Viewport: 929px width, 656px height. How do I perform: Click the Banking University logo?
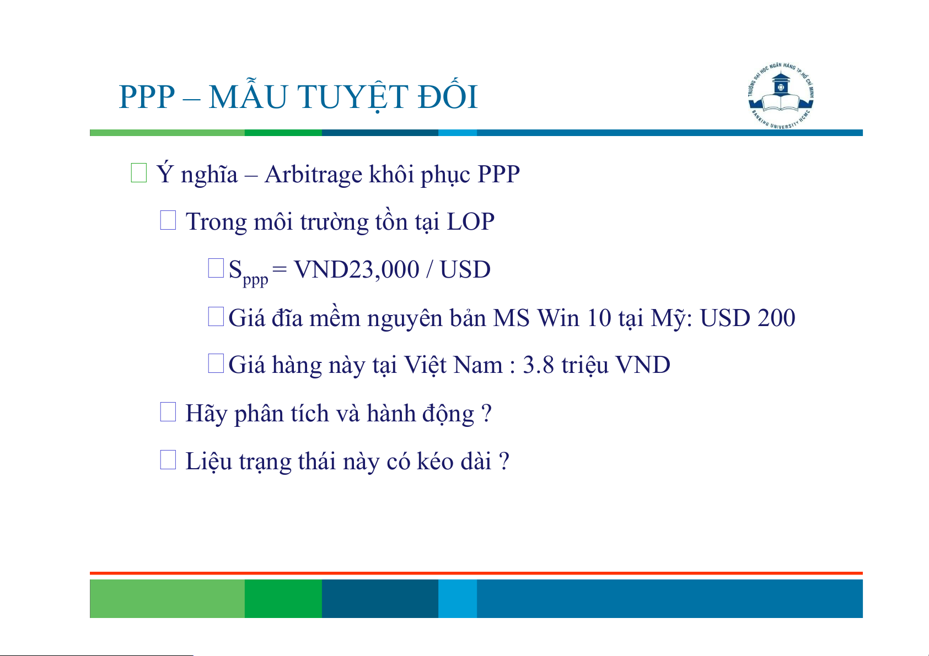pyautogui.click(x=781, y=96)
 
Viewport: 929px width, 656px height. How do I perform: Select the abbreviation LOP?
pyautogui.click(x=470, y=222)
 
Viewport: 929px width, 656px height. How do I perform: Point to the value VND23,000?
pyautogui.click(x=356, y=270)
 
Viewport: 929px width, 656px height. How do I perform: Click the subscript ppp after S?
pyautogui.click(x=255, y=280)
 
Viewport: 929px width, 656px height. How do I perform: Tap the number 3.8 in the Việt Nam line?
pyautogui.click(x=538, y=365)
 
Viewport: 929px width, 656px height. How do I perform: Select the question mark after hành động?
pyautogui.click(x=486, y=413)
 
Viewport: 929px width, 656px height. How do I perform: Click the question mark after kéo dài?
pyautogui.click(x=504, y=461)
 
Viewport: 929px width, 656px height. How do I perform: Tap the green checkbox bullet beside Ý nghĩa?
pyautogui.click(x=138, y=173)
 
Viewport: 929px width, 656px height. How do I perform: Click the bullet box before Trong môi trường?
pyautogui.click(x=168, y=220)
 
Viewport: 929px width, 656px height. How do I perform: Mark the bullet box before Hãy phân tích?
pyautogui.click(x=168, y=412)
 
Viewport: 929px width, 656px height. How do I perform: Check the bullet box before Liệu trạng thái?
pyautogui.click(x=168, y=459)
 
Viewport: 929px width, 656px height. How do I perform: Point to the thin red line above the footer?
pyautogui.click(x=476, y=573)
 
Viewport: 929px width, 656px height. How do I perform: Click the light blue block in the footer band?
pyautogui.click(x=458, y=598)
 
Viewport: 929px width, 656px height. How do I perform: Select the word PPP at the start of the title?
pyautogui.click(x=147, y=97)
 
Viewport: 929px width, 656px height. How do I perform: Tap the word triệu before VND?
pyautogui.click(x=585, y=366)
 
